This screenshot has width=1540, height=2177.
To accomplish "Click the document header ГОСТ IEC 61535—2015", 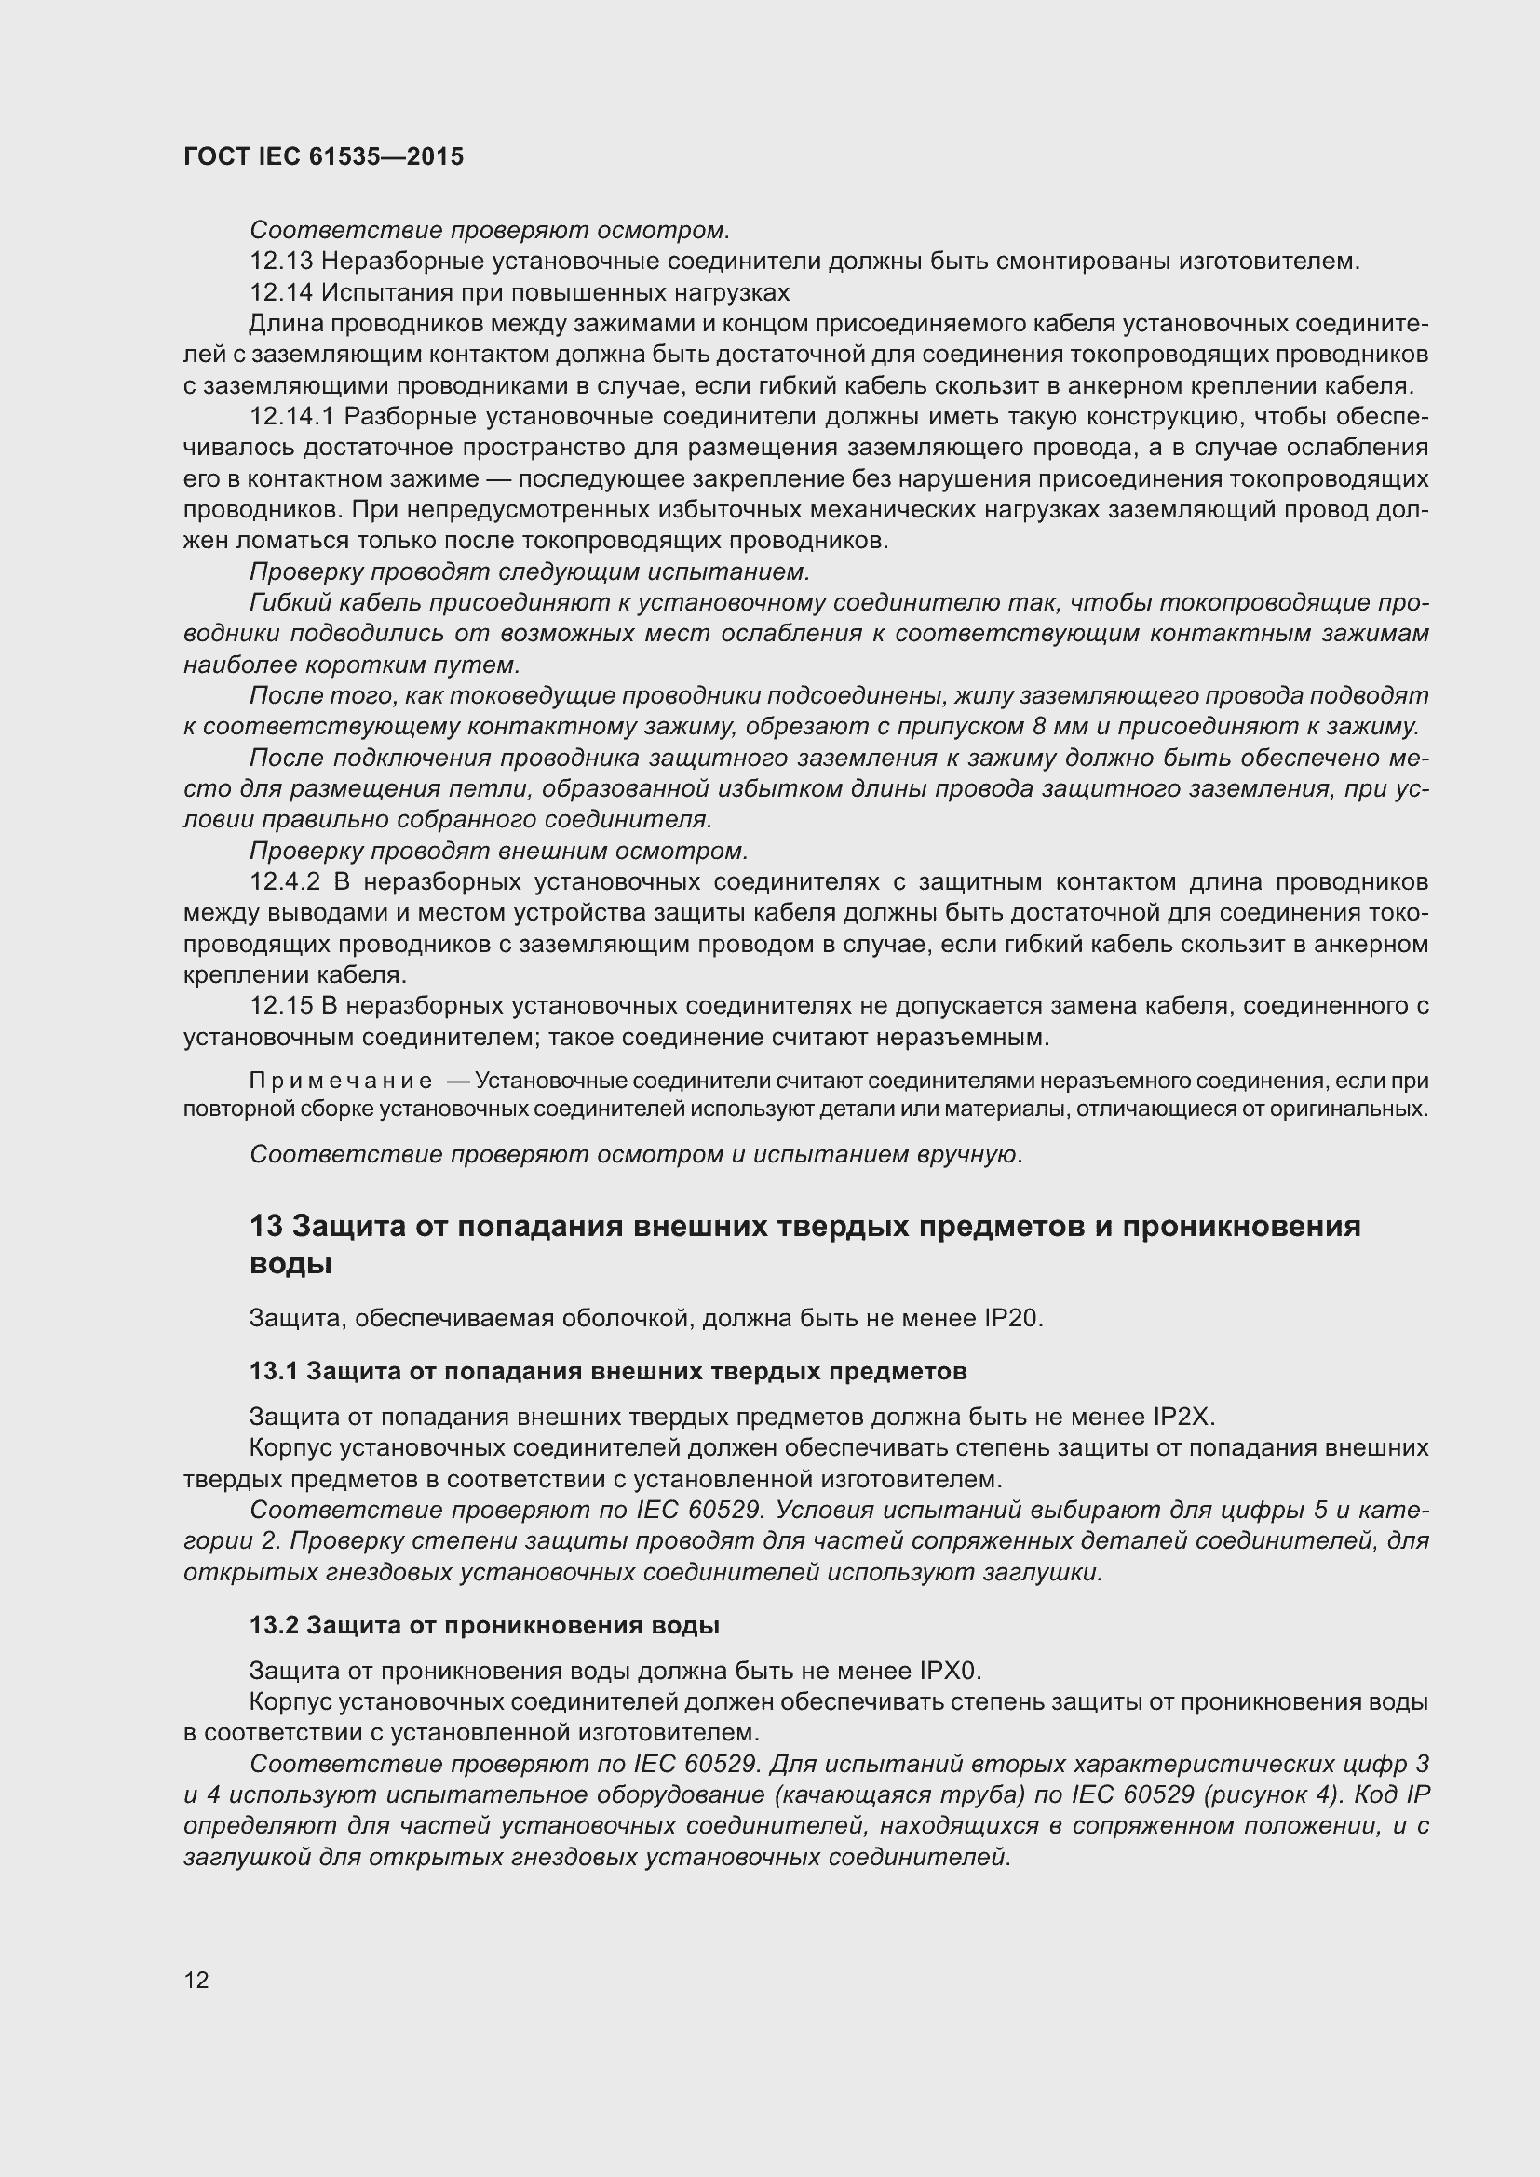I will (323, 157).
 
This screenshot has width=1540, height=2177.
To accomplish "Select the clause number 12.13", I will (281, 262).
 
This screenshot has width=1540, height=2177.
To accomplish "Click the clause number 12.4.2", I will (286, 881).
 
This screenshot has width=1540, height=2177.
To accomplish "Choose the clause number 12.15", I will (281, 1006).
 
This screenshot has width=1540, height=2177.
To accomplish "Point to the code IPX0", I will (951, 1670).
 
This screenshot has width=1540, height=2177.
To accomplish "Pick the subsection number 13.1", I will (273, 1371).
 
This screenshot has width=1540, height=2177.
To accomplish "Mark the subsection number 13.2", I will (273, 1624).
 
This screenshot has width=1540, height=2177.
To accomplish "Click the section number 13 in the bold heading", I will (266, 1227).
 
